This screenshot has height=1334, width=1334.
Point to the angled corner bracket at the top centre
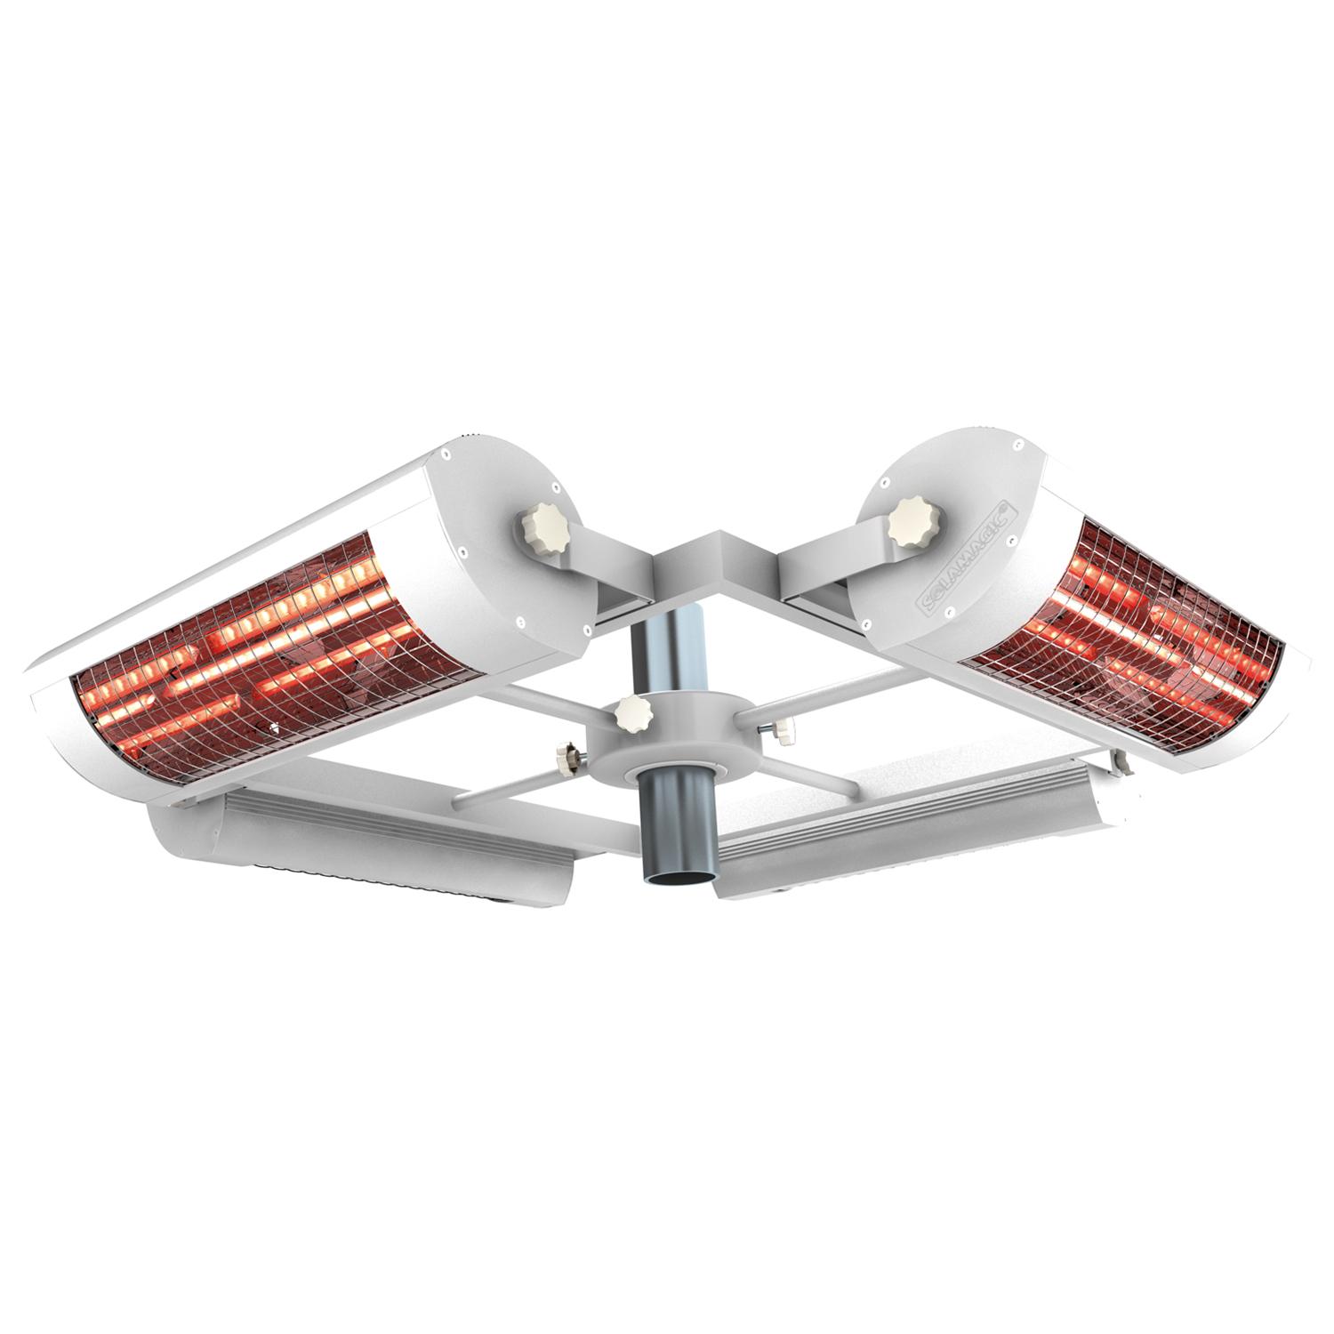pyautogui.click(x=711, y=560)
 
